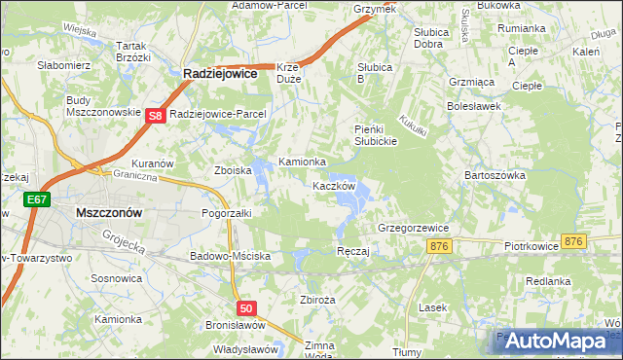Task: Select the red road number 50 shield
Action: pos(246,308)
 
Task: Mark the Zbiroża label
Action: pos(318,300)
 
